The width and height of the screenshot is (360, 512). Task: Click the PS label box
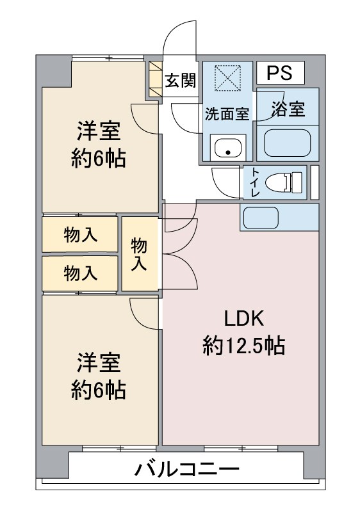click(281, 72)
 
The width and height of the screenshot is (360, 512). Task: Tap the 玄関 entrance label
click(180, 81)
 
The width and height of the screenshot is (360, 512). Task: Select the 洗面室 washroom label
click(227, 114)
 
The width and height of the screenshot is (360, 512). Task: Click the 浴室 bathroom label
click(288, 109)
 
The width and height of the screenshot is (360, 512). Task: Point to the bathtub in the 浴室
click(287, 143)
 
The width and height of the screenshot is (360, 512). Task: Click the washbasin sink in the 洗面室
click(228, 148)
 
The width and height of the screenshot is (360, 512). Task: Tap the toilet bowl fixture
click(284, 182)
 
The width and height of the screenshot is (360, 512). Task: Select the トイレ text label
click(255, 182)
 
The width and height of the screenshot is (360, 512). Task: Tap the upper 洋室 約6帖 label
click(99, 145)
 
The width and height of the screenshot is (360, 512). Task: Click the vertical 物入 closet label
click(139, 254)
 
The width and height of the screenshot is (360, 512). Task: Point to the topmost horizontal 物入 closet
click(80, 234)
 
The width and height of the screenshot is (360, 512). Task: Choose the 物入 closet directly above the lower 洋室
click(80, 273)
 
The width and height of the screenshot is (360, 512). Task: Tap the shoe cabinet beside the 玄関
click(156, 79)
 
